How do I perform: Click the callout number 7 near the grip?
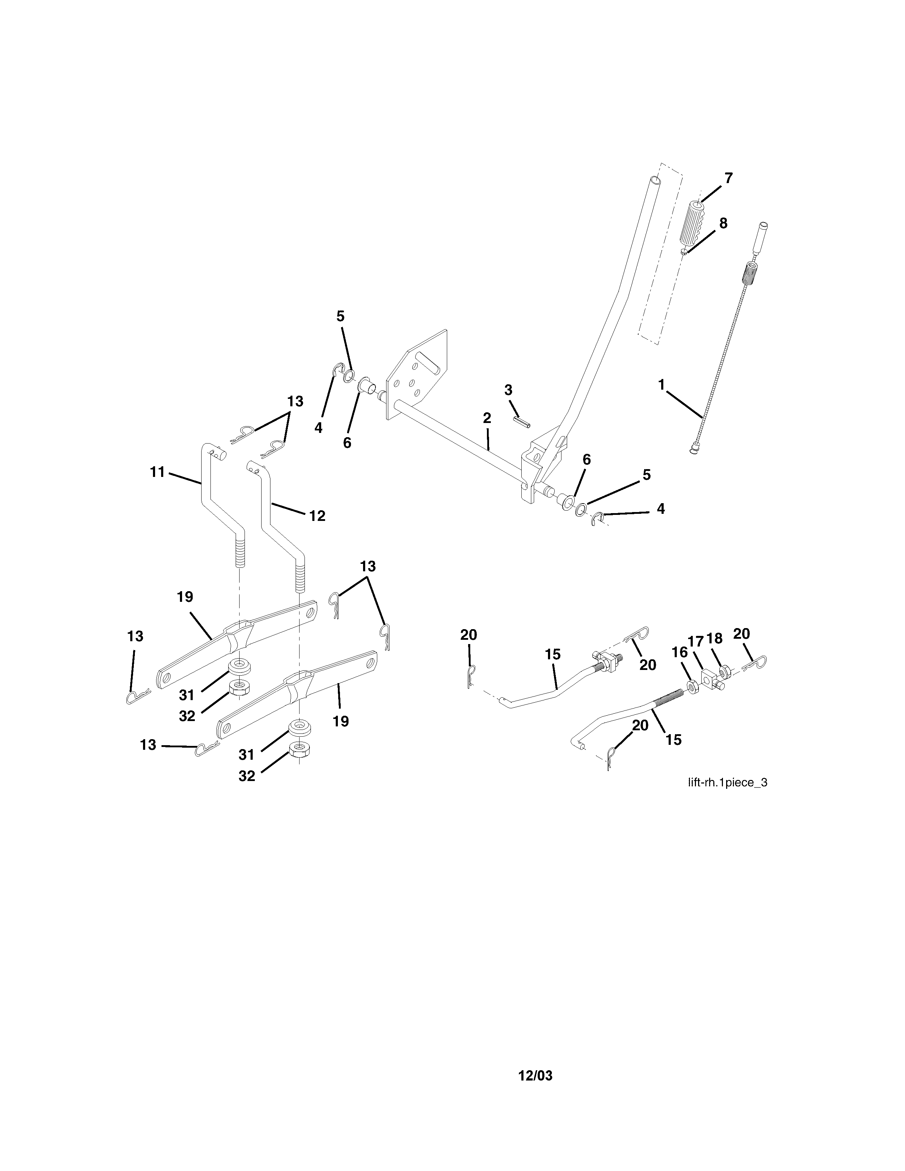tap(728, 178)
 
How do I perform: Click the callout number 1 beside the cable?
tap(661, 384)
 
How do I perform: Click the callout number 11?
tap(157, 472)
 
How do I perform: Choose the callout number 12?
tap(317, 516)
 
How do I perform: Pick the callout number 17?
tap(695, 641)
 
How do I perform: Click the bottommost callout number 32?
tap(247, 776)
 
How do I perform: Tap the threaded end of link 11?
tap(240, 552)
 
